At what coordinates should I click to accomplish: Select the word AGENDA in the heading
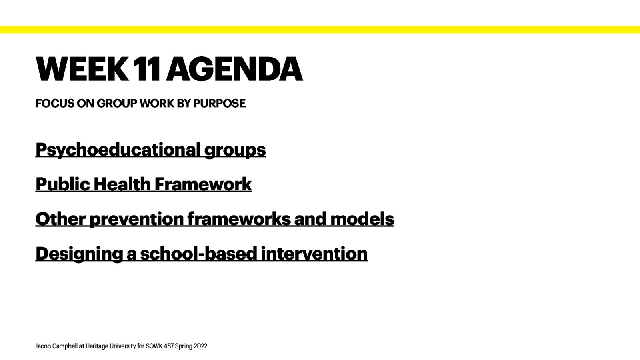point(234,69)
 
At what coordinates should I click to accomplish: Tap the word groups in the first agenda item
point(235,150)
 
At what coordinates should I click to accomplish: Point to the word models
point(362,219)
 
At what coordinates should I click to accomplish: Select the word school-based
point(198,254)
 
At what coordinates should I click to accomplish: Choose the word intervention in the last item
point(314,254)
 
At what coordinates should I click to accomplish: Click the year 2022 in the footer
point(200,346)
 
